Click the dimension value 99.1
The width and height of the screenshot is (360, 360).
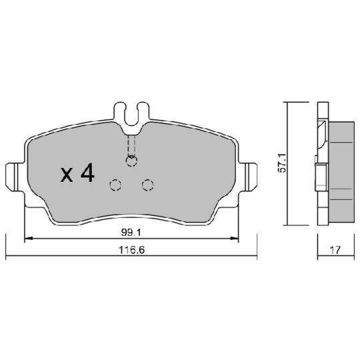pyautogui.click(x=131, y=233)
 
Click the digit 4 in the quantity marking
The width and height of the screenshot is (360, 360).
pyautogui.click(x=87, y=174)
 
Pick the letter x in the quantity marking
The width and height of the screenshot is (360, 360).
pyautogui.click(x=67, y=176)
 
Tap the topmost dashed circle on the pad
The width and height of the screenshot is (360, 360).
pyautogui.click(x=131, y=161)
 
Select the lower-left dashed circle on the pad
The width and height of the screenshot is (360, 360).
pyautogui.click(x=115, y=185)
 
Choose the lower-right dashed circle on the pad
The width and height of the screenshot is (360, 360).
pyautogui.click(x=147, y=185)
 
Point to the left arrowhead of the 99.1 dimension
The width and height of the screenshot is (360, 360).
pyautogui.click(x=27, y=239)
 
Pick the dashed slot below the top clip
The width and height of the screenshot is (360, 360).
pyautogui.click(x=131, y=143)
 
